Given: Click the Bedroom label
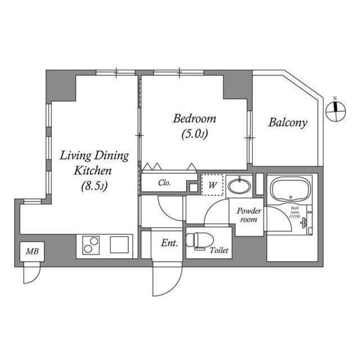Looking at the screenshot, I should (194, 119).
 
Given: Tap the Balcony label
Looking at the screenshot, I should (287, 123).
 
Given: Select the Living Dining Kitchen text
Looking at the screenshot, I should (94, 163).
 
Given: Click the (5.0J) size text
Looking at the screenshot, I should (195, 134).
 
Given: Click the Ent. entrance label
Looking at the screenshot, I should (169, 244).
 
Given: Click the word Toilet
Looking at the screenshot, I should (219, 251).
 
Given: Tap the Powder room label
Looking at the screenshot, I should (247, 214).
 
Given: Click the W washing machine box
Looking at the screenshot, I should (213, 184).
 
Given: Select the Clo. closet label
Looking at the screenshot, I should (165, 183).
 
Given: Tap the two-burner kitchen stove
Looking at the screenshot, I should (91, 245).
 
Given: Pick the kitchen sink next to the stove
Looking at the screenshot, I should (120, 245).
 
